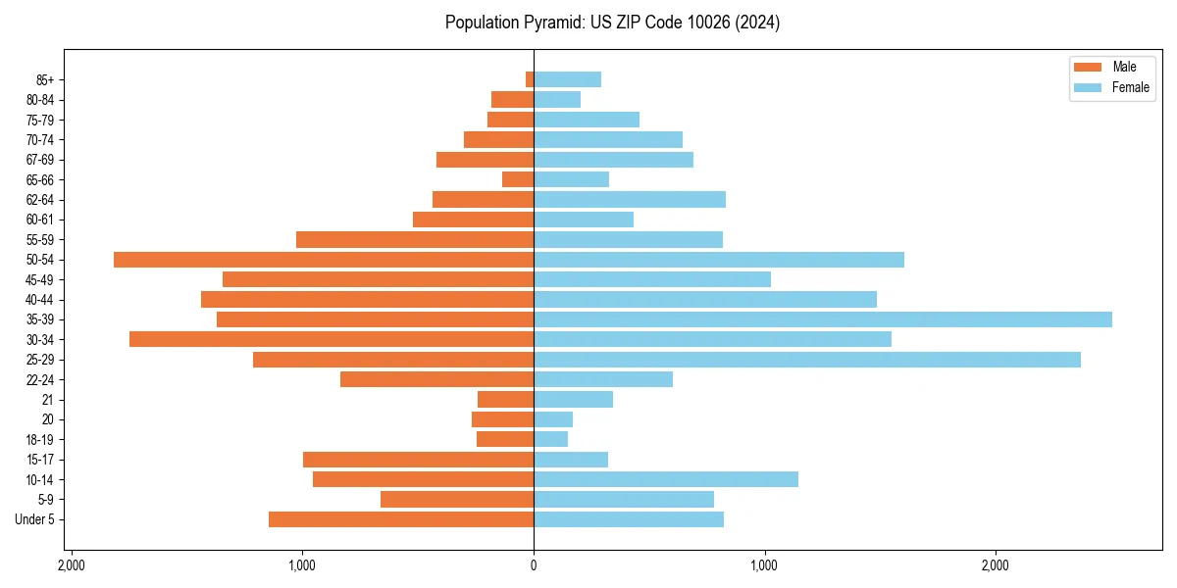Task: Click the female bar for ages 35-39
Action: coord(822,319)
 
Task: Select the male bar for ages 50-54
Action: coord(324,260)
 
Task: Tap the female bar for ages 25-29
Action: coord(806,360)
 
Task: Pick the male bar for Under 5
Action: coord(401,519)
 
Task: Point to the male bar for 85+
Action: coord(530,79)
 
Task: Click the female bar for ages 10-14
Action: coord(665,479)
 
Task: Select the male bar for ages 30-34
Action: coord(332,339)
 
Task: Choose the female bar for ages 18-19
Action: coord(550,439)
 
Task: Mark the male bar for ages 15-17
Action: coord(418,460)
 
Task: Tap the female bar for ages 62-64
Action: coord(629,200)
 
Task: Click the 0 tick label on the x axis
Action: coord(534,565)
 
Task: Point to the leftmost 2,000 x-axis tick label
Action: coord(72,565)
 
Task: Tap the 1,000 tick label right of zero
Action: coord(764,565)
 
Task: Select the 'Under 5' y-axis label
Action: coord(34,519)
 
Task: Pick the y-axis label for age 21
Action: coord(47,400)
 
